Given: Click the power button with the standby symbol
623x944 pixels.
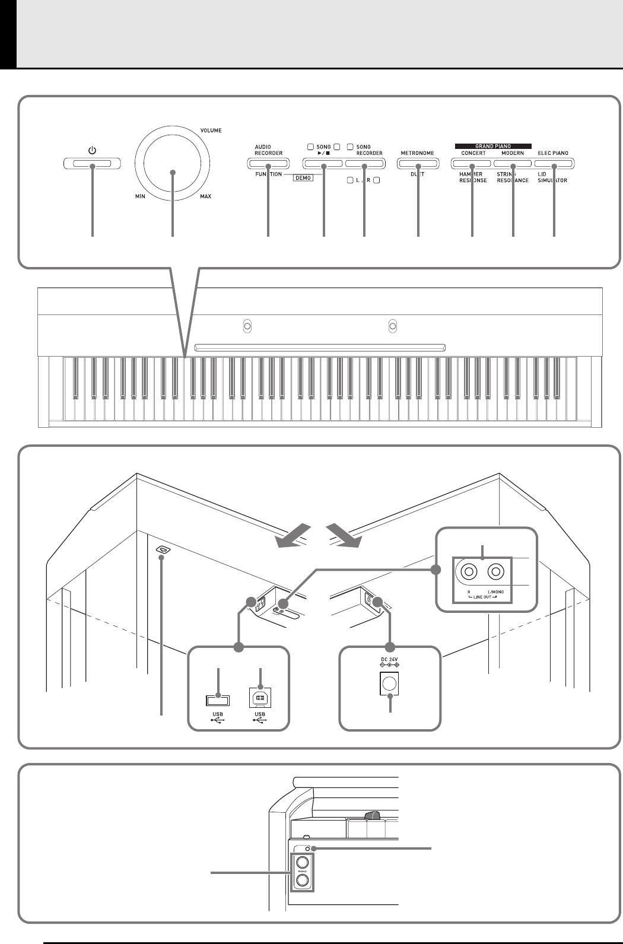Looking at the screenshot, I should click(x=92, y=163).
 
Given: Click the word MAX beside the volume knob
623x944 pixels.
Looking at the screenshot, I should click(x=205, y=196).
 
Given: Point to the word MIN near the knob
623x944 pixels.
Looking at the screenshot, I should click(x=140, y=196).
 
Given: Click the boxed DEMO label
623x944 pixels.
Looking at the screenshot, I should click(x=303, y=177).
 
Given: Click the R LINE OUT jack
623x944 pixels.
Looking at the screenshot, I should click(x=469, y=572).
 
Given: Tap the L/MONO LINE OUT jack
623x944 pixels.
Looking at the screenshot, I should click(x=496, y=572).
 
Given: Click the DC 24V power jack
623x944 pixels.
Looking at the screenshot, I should click(x=389, y=685).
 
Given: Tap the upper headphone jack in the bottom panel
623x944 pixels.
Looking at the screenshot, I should click(x=303, y=863).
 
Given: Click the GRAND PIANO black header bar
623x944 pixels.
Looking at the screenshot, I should click(x=493, y=145).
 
